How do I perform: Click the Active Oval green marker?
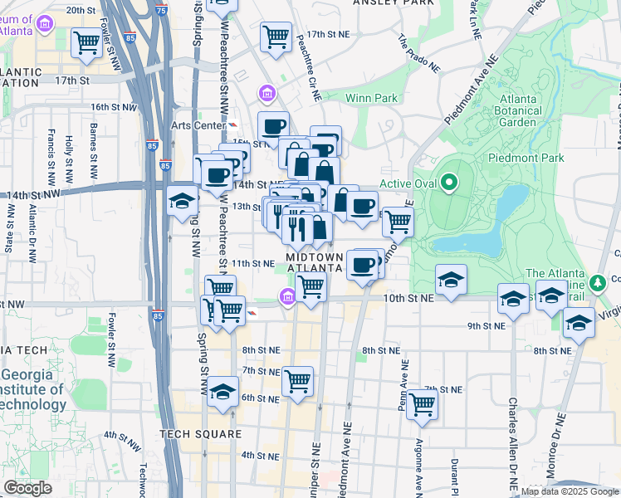pos(449,182)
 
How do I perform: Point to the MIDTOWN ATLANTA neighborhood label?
pos(315,262)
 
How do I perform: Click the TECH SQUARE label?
pos(200,434)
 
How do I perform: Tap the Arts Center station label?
pos(199,125)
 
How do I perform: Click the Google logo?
pos(27,488)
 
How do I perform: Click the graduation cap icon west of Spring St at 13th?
pos(182,201)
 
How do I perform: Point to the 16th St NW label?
pos(111,107)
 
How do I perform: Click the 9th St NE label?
pos(487,326)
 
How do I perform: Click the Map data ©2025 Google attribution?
pos(569,491)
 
